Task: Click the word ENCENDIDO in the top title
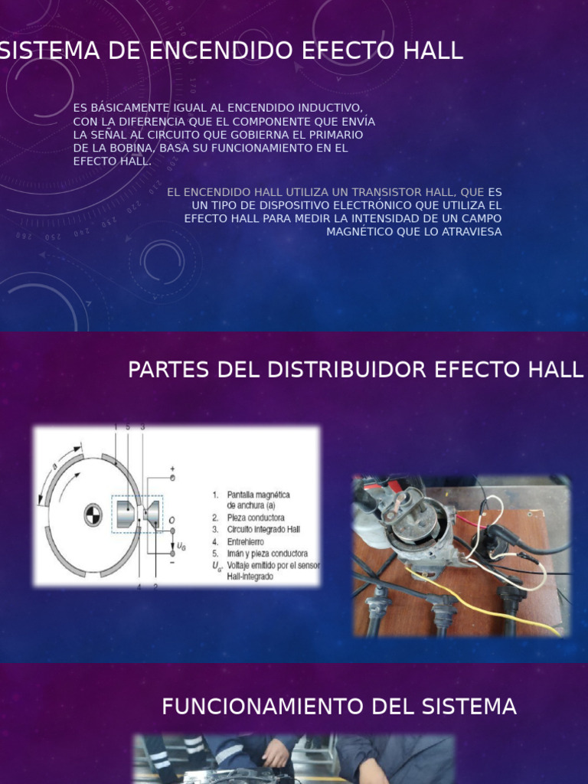(204, 51)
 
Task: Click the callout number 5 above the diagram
(128, 427)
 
